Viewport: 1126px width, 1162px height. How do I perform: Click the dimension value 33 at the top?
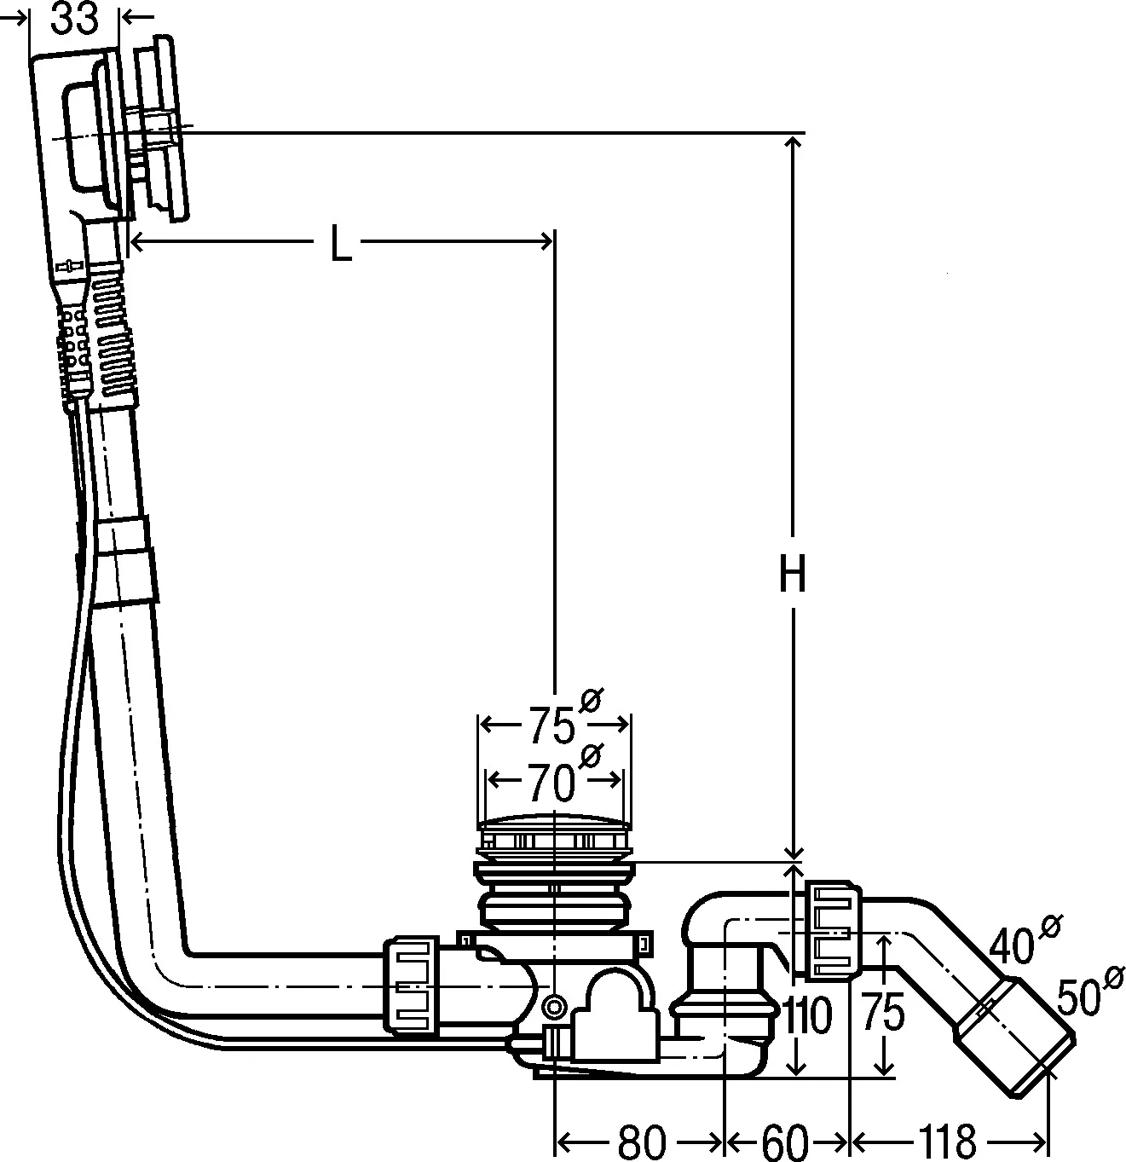point(74,19)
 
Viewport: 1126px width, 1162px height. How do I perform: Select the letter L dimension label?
point(340,246)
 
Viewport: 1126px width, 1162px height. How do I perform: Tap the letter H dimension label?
point(792,576)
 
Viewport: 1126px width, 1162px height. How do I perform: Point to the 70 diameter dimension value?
point(551,783)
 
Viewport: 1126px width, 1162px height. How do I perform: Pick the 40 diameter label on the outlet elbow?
point(1015,945)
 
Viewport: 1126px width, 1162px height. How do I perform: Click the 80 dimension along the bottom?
point(640,1141)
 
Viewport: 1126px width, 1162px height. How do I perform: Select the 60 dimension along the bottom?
point(783,1141)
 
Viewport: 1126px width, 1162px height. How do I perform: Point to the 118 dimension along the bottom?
point(946,1141)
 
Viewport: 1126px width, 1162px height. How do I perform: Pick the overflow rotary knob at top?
point(162,128)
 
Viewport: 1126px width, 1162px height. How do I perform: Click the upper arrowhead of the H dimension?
point(794,143)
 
